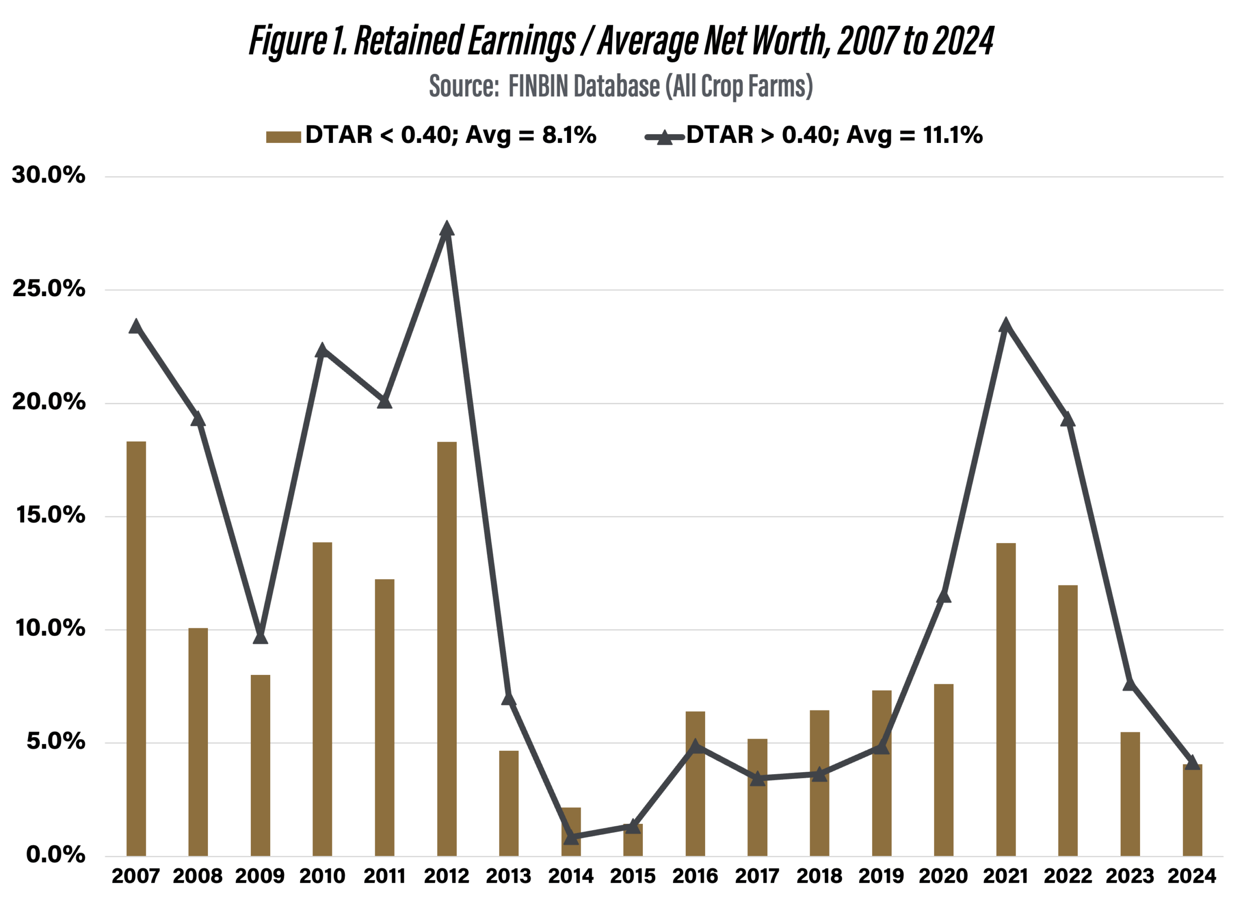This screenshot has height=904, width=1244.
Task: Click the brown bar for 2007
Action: click(x=136, y=648)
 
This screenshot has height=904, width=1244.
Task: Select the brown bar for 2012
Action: click(x=447, y=648)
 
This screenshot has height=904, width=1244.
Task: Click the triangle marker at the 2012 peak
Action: click(x=447, y=229)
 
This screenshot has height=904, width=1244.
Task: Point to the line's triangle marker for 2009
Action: click(x=260, y=637)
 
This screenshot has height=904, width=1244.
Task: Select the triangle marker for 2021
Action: click(x=1005, y=325)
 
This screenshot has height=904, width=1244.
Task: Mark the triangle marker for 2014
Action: click(x=571, y=837)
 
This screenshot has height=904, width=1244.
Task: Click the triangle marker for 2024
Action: click(x=1192, y=762)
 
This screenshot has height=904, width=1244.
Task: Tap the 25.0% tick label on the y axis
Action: click(x=49, y=289)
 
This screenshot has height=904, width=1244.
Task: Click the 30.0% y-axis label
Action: click(x=49, y=175)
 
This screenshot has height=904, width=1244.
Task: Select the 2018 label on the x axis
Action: click(x=819, y=875)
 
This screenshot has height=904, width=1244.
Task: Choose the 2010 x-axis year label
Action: click(x=322, y=875)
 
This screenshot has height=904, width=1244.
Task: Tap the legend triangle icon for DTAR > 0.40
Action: click(x=664, y=137)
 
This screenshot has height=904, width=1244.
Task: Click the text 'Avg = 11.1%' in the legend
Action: click(x=915, y=135)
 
